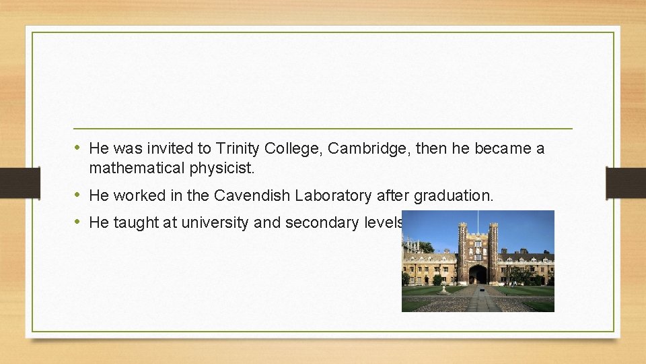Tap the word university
tap(214, 222)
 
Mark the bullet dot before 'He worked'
tap(78, 195)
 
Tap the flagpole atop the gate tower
tap(478, 220)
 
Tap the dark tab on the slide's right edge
tap(626, 182)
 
